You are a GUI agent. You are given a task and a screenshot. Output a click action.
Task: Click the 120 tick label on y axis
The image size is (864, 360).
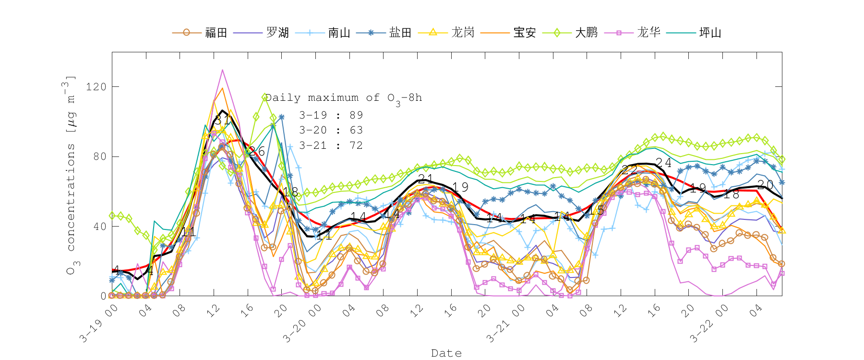(96, 87)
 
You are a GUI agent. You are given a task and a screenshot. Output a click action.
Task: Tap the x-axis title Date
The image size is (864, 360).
(446, 353)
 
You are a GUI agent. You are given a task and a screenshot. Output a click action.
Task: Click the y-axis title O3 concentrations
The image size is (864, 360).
(71, 175)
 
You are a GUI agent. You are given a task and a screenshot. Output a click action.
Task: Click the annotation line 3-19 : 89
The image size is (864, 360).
(331, 115)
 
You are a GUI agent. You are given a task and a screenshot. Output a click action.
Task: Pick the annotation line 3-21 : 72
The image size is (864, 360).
(331, 145)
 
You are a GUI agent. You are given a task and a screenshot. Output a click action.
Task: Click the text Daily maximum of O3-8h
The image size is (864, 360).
(344, 98)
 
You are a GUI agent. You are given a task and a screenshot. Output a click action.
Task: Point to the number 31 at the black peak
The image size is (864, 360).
(222, 120)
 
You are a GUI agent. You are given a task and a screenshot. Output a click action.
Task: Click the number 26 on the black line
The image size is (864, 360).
(257, 152)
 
